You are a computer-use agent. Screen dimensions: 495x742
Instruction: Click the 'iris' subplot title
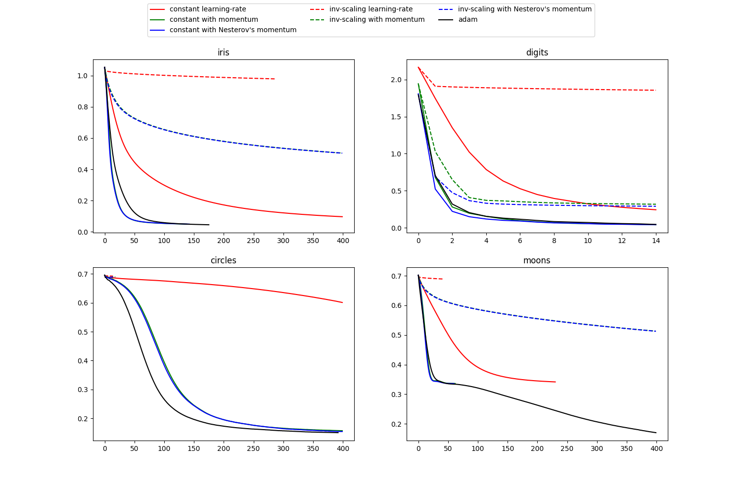tap(224, 52)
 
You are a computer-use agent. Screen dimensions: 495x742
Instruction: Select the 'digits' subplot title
tap(537, 52)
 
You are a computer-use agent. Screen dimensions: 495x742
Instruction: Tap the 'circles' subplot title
tap(224, 260)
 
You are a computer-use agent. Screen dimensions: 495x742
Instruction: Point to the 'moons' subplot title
tap(537, 260)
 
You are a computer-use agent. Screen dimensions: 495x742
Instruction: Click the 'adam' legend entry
tap(467, 20)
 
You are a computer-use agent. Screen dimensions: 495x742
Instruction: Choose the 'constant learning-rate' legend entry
tap(208, 9)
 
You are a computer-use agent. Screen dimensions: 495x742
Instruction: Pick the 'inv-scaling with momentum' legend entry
tap(377, 20)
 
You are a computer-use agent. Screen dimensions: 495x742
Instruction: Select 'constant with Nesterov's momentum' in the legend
tap(233, 30)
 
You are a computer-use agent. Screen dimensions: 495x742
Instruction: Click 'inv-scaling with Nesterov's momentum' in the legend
tap(524, 9)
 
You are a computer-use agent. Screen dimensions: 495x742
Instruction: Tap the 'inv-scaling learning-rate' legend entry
tap(371, 9)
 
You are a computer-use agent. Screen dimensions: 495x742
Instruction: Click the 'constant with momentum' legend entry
tap(214, 20)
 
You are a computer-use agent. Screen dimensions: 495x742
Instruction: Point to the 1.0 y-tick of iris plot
tap(83, 76)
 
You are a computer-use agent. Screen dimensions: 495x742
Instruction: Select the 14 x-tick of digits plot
tap(656, 241)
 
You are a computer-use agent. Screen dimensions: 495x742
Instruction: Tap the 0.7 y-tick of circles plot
tap(83, 274)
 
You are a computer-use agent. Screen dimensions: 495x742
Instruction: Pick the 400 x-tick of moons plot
tap(656, 448)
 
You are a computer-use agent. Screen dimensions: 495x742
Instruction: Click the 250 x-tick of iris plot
tap(253, 241)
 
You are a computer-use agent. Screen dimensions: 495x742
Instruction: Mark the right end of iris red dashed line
tap(275, 79)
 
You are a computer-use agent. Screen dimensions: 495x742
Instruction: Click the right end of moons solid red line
tap(556, 382)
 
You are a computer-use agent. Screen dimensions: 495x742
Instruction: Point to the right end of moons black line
tap(656, 433)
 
